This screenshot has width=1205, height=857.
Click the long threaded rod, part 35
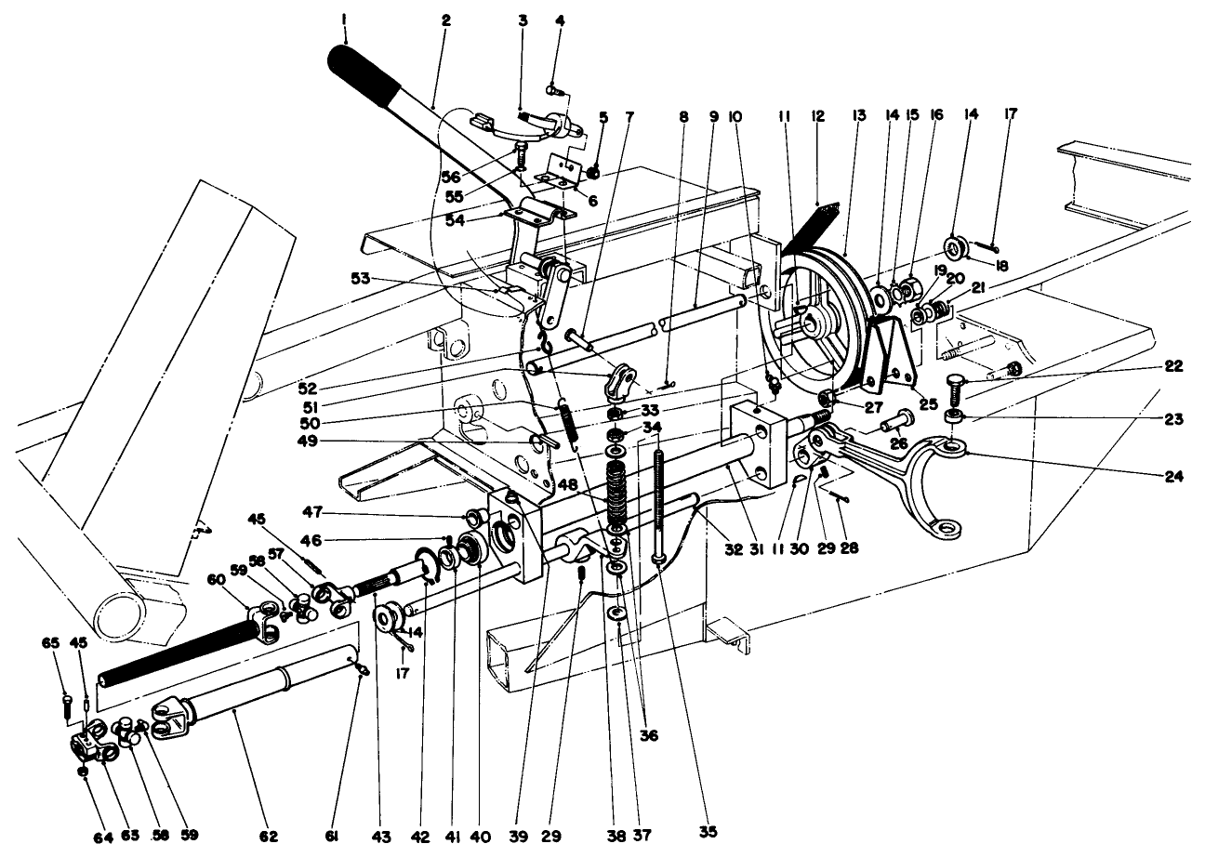tap(658, 502)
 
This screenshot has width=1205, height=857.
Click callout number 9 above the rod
tap(713, 116)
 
